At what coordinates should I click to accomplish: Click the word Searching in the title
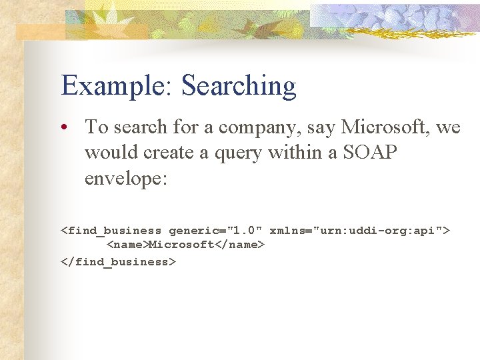coord(239,87)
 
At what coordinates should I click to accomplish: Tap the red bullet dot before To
coord(69,127)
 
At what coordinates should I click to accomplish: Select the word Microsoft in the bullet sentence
coord(377,127)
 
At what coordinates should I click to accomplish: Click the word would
coord(107,152)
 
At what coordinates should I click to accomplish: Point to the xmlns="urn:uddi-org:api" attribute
coord(355,231)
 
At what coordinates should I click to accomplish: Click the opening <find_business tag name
coord(111,231)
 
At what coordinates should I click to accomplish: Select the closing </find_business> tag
coord(119,262)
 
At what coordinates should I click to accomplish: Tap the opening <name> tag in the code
coord(127,246)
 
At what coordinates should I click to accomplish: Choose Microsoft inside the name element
coord(181,246)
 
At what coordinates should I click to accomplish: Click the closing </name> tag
coord(239,246)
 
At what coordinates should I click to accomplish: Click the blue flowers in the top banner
coord(393,18)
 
